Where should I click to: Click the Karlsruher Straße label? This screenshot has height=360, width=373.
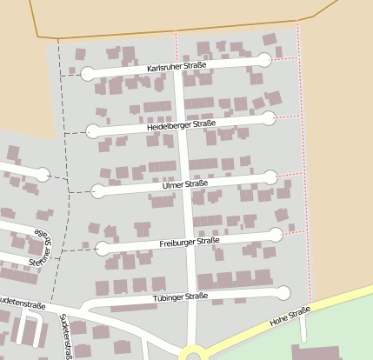[177, 66]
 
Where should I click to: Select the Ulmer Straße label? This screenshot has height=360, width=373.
[185, 184]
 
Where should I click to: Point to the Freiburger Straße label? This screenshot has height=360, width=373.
[190, 241]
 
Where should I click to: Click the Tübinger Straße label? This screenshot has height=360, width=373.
[182, 297]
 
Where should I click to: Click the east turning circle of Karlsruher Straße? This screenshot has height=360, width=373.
[264, 59]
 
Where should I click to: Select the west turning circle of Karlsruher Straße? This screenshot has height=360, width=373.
[87, 74]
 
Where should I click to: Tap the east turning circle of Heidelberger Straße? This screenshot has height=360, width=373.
[269, 117]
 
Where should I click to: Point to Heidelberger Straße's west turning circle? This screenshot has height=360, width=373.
[93, 131]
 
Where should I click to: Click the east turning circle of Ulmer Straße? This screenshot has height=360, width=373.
[270, 177]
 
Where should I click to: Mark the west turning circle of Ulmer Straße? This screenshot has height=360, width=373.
[98, 191]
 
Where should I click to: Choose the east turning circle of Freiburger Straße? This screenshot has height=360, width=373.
[276, 234]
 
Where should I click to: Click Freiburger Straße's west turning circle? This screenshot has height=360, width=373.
[103, 249]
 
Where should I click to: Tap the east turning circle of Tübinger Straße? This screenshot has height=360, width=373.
[283, 293]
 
